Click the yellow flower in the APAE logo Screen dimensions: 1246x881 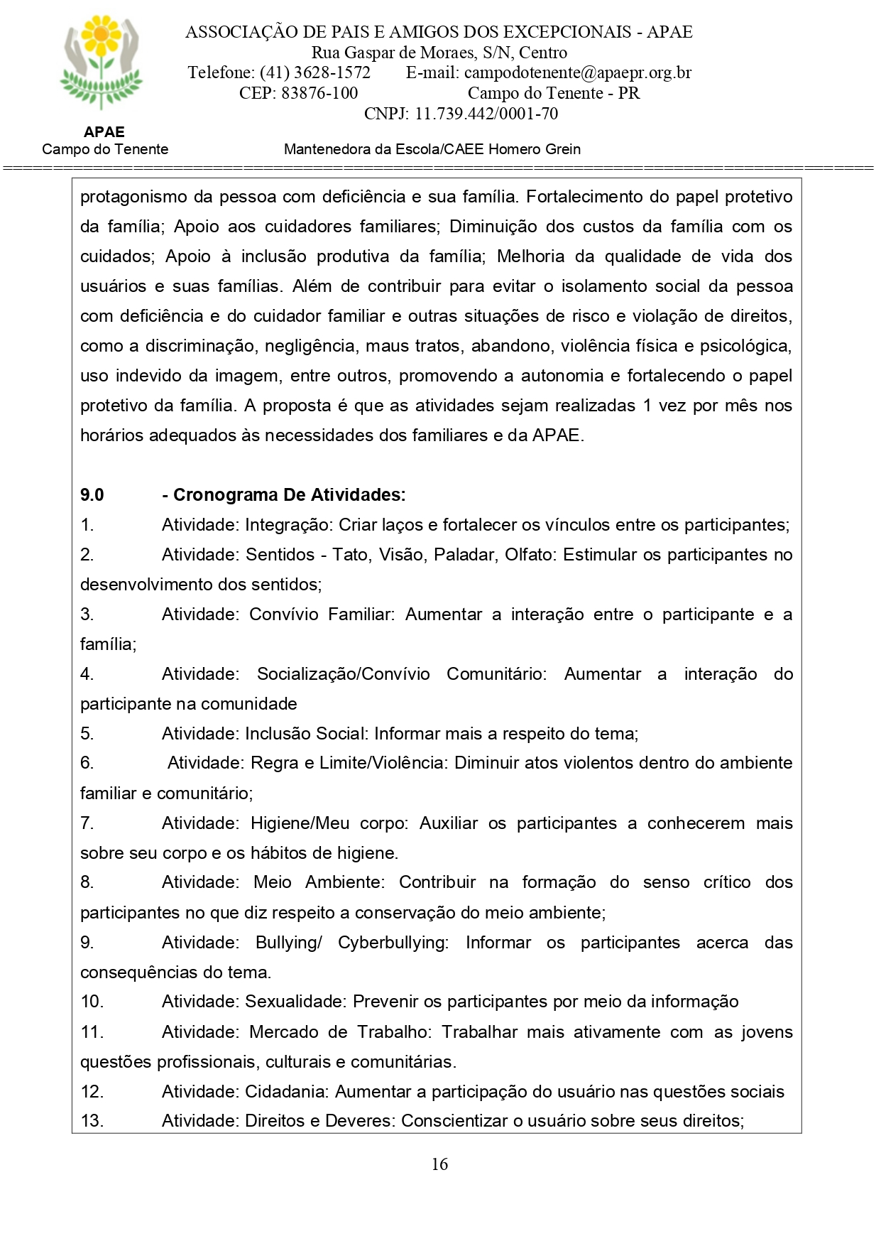[x=102, y=34]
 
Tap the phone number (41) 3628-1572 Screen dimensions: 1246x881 [x=314, y=72]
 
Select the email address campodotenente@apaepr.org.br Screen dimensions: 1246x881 [x=577, y=72]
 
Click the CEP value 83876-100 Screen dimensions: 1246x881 [x=319, y=93]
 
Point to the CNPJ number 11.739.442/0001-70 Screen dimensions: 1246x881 [x=486, y=114]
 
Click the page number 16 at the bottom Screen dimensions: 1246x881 [x=439, y=1164]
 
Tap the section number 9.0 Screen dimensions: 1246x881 [x=92, y=495]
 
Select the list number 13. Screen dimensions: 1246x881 [x=92, y=1121]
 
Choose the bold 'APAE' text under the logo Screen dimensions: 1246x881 [x=104, y=132]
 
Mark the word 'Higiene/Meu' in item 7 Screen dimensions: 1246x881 [x=300, y=823]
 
